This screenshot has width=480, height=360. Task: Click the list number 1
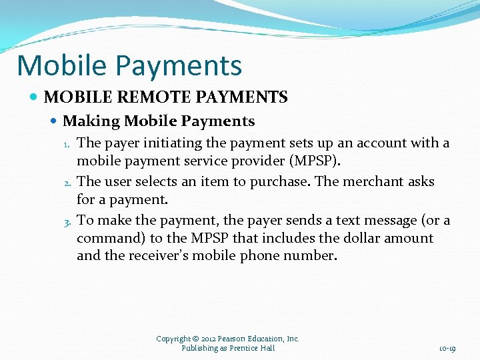(x=67, y=144)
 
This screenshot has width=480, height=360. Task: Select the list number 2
(x=67, y=182)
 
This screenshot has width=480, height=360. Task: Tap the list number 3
(x=67, y=221)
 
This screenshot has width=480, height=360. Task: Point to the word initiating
(x=149, y=143)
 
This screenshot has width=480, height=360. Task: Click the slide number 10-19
(x=447, y=349)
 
